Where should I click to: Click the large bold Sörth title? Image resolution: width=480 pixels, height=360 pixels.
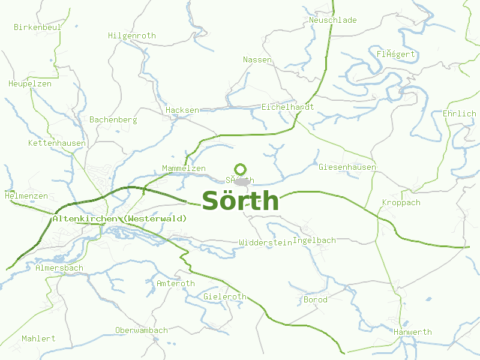(x=241, y=201)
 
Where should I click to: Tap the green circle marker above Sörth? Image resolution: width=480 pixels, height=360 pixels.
(x=241, y=169)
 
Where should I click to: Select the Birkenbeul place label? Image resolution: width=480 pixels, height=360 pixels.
(x=38, y=27)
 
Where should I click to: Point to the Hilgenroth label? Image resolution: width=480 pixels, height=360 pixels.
(x=132, y=35)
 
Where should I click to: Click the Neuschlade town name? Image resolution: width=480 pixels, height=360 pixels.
(x=333, y=20)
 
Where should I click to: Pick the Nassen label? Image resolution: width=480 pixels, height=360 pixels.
(x=257, y=59)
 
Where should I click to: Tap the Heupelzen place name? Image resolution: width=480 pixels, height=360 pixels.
(x=30, y=83)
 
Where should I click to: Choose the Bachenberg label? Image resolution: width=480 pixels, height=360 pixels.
(x=113, y=119)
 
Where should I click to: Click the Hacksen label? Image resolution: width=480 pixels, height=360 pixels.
(x=182, y=110)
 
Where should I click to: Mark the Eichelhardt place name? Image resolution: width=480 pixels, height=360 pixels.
(x=288, y=106)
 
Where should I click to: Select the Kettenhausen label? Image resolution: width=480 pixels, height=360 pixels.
(x=57, y=143)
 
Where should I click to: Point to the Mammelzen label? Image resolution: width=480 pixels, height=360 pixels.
(x=184, y=168)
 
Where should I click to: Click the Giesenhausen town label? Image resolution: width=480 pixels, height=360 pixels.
(x=348, y=166)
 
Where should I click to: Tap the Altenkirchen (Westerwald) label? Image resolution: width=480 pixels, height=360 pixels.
(x=119, y=218)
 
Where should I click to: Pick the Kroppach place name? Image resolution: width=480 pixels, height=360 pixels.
(x=401, y=202)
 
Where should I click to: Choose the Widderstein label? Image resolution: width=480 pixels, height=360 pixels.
(x=265, y=242)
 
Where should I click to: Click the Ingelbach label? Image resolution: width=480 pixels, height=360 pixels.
(x=314, y=240)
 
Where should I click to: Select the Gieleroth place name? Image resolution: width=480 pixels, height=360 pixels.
(x=225, y=296)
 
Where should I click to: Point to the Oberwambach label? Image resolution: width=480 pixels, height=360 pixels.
(x=142, y=330)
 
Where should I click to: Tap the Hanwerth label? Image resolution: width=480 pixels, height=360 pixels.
(x=413, y=332)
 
